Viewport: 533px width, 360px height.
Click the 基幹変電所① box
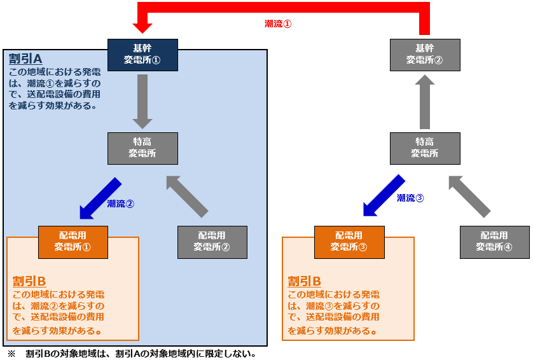point(142,55)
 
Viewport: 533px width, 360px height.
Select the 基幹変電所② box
point(424,55)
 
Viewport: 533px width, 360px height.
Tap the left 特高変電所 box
point(142,148)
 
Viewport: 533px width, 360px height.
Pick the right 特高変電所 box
point(424,148)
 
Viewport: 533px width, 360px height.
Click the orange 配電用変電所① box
point(73,242)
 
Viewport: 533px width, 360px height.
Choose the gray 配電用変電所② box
point(212,242)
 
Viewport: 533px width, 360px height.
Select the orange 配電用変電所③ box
point(349,242)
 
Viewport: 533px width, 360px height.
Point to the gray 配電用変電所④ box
point(494,242)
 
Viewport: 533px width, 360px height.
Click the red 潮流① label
point(278,24)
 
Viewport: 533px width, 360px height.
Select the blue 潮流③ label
point(410,198)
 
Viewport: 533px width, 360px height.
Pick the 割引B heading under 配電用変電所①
point(29,281)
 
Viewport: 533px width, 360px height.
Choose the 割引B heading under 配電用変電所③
point(305,281)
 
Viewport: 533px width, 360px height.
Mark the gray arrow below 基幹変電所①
point(142,100)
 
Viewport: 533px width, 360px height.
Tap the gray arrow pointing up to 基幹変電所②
point(424,102)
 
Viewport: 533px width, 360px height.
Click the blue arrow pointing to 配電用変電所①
point(99,199)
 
